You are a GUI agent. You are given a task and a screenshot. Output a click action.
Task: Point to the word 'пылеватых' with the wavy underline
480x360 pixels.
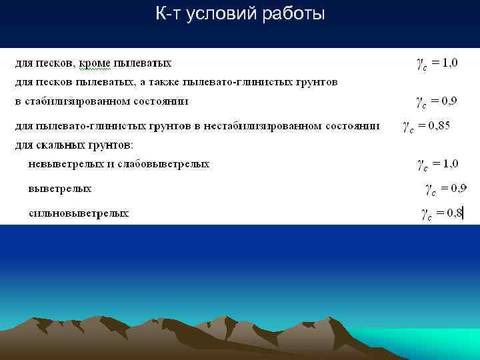tap(143, 63)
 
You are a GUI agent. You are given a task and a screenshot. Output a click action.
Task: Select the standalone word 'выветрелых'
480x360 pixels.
tap(59, 189)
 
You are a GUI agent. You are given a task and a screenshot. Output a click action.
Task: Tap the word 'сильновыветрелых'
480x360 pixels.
tap(79, 214)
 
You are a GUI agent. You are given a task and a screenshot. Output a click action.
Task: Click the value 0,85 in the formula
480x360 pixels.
tap(439, 125)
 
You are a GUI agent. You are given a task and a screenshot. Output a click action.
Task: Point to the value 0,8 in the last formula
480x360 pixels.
tap(454, 213)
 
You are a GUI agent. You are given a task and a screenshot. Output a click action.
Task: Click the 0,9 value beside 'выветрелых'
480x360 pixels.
tap(459, 187)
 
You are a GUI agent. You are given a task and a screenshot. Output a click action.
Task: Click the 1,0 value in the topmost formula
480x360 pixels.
tap(449, 63)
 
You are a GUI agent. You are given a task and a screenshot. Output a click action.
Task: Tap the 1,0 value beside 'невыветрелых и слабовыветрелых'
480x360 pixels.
tap(450, 162)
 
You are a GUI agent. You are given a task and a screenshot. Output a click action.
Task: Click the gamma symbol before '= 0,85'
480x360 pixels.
tap(407, 127)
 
